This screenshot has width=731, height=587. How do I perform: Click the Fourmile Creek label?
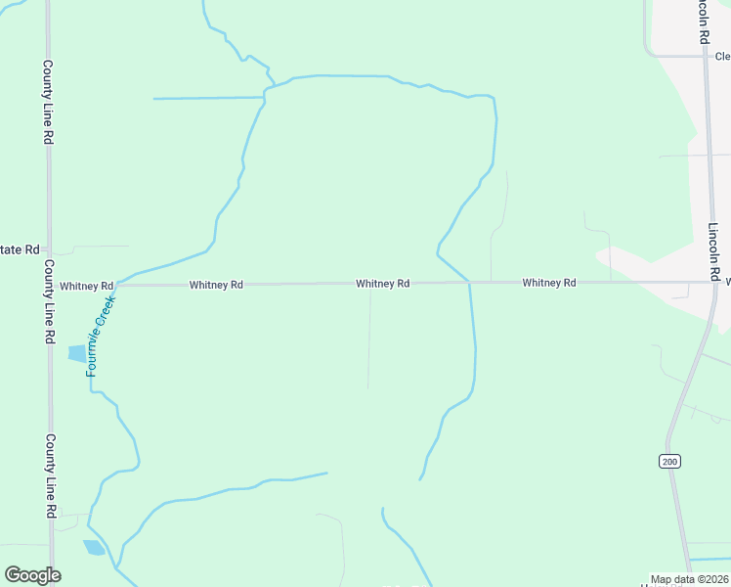(x=100, y=334)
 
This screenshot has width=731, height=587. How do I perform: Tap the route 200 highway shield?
(x=669, y=462)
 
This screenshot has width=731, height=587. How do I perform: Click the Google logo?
(x=32, y=575)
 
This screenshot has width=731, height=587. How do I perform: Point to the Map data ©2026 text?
(x=690, y=579)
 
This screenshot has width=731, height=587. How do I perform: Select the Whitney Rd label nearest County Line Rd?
(x=86, y=286)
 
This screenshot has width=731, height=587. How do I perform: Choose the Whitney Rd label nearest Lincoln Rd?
(x=548, y=283)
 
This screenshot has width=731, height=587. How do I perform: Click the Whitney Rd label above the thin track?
(x=382, y=284)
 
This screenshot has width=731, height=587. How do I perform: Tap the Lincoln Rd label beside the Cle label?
(x=703, y=22)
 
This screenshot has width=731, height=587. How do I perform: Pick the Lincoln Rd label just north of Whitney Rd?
(x=714, y=248)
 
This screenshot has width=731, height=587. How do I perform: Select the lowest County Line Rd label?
(x=49, y=475)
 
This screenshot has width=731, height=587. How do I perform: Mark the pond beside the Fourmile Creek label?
(x=76, y=353)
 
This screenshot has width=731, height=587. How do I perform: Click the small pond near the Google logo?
(x=94, y=547)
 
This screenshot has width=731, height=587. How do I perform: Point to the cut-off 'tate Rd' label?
(x=20, y=250)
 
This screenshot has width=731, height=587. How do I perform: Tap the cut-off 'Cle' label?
(x=722, y=57)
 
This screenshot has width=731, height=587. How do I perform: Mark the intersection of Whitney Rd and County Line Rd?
(x=49, y=286)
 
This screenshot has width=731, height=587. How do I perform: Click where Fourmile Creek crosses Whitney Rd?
(x=116, y=286)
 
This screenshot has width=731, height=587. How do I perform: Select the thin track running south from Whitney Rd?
(x=369, y=338)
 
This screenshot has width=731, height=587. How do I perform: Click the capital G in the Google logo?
(x=13, y=575)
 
